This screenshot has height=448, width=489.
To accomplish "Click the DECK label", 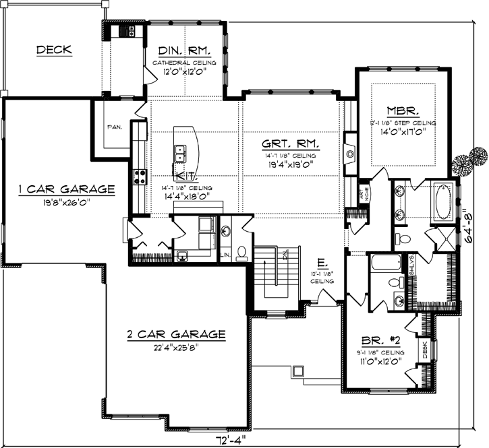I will click(54, 50).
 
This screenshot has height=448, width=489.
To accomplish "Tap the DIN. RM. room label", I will click(183, 51).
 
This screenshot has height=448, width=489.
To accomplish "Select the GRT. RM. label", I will click(291, 144).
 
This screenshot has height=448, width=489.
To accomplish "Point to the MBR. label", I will click(404, 110).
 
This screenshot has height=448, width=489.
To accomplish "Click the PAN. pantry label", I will click(113, 126).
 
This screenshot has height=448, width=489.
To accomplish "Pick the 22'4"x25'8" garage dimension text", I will click(174, 347).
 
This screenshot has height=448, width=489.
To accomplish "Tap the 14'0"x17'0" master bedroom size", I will click(403, 133).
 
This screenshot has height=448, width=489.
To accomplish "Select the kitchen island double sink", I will click(179, 154).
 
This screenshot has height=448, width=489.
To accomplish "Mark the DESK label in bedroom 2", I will click(425, 349).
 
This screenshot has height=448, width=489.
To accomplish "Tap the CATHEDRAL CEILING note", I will click(183, 62).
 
